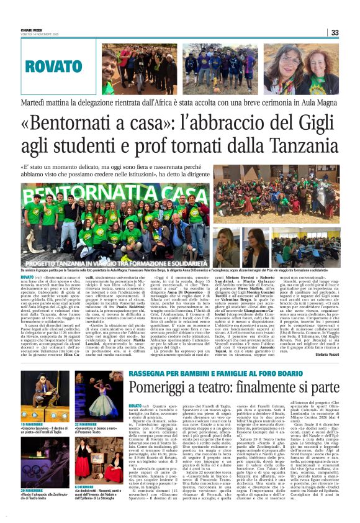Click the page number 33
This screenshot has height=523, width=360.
(x=334, y=33)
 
